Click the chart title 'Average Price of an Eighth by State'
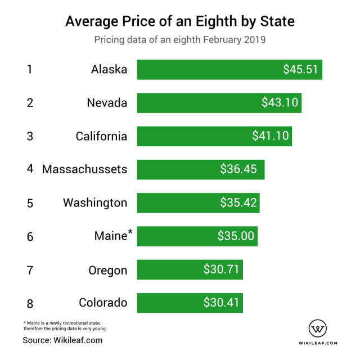coord(179,22)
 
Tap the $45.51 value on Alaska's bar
coord(301,70)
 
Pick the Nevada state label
coord(107,103)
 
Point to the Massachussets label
coord(84,169)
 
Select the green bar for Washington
coord(198,203)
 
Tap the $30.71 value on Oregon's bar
coord(222,270)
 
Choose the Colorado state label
coord(103,303)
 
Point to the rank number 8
coord(30,304)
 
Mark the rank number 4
coord(30,169)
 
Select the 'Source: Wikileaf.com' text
coord(62,340)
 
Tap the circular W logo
coord(318,328)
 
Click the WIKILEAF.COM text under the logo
coord(318,343)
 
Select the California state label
coord(101,136)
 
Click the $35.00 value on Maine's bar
coord(236,236)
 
